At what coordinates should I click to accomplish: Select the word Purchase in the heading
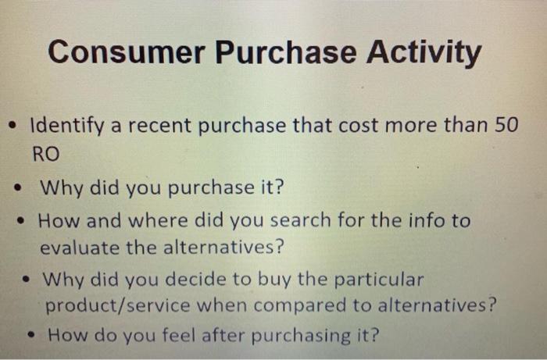(x=278, y=53)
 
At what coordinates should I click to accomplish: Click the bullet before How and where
(x=25, y=220)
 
